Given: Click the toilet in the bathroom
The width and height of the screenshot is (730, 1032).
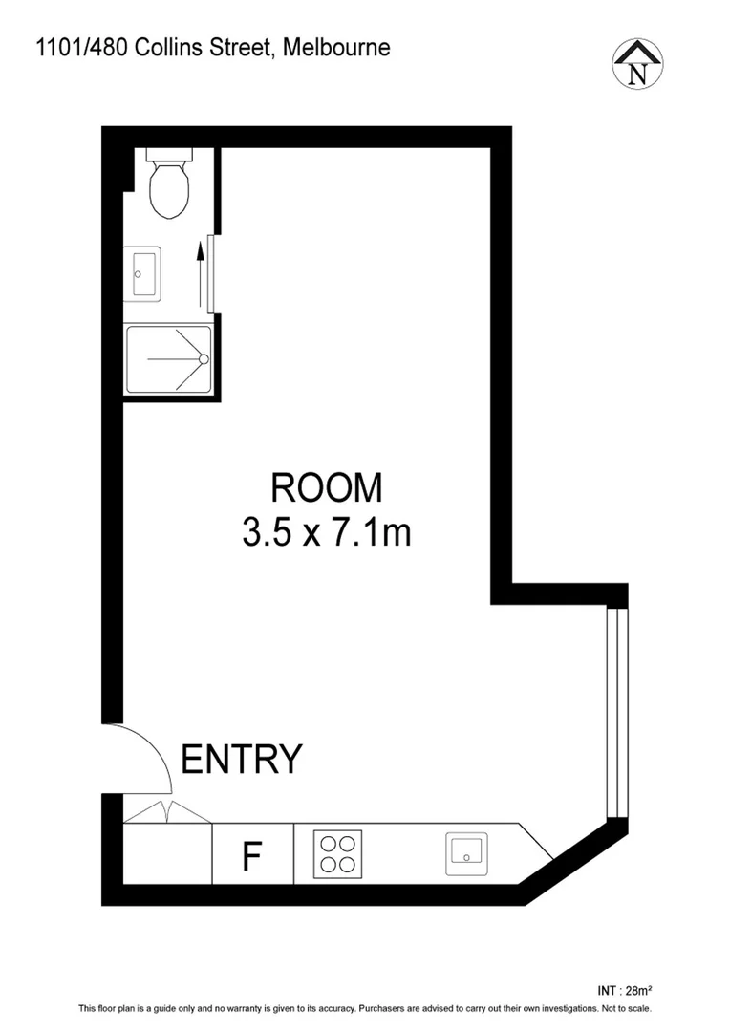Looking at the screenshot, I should tap(170, 185).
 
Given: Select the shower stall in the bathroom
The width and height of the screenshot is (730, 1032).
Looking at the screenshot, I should tap(168, 359).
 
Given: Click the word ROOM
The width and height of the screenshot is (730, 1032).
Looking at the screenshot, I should tap(327, 488).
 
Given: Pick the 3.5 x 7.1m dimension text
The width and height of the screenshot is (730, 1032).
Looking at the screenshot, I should tap(327, 532).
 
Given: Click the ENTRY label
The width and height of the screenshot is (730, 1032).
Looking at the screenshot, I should tap(242, 760).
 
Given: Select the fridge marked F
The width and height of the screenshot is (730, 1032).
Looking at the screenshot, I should tap(252, 855).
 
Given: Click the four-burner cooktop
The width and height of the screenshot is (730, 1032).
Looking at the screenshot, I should tap(337, 853).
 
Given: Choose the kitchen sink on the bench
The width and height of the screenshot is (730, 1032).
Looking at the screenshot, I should tap(467, 853).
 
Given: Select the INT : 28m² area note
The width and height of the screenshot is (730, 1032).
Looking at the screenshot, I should tap(624, 989).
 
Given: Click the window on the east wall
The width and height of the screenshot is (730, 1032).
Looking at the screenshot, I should tap(618, 713).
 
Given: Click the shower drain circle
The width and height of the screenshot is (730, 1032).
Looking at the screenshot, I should tap(203, 359).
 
